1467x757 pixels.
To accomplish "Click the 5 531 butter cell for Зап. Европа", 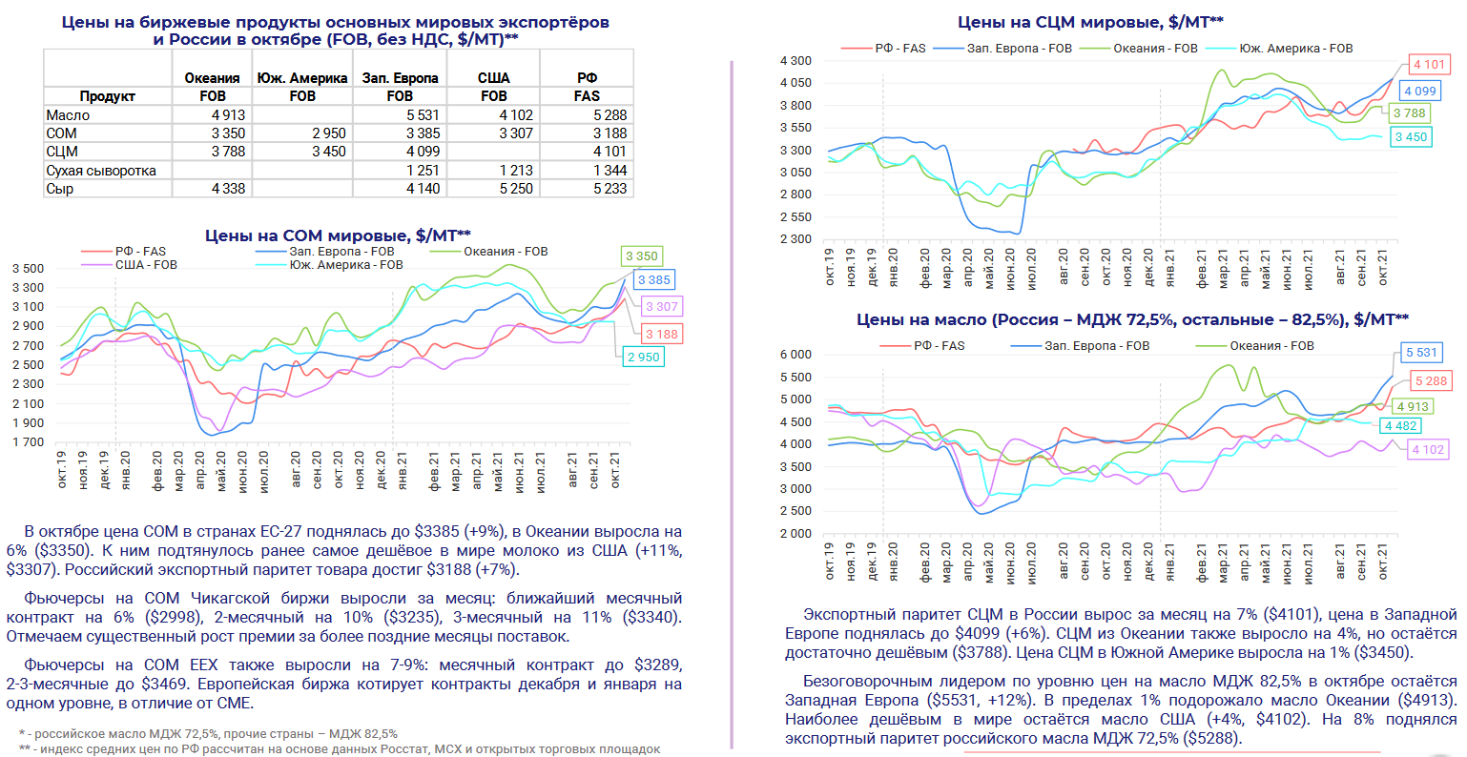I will point(423,115).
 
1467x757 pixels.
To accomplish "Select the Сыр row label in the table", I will point(60,189).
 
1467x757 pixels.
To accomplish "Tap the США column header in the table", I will point(493,77).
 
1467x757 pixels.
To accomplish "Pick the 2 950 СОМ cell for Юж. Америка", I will point(329,133).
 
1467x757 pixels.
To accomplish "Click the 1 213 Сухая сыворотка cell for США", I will point(515,171).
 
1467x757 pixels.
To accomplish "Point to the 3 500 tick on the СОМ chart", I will point(28,269).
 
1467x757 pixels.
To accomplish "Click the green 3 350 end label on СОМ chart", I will point(642,256).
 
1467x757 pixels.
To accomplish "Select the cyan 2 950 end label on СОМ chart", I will point(643,358).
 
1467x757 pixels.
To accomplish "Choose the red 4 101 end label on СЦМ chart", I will point(1429,65).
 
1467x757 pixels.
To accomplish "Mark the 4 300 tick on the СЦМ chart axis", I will point(795,61).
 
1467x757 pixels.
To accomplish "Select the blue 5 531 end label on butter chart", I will point(1421,353).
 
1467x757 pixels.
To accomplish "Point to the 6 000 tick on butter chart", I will point(795,355).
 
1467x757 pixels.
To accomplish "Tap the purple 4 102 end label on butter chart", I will point(1428,450).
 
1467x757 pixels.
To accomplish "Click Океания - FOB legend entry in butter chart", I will point(1271,346).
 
